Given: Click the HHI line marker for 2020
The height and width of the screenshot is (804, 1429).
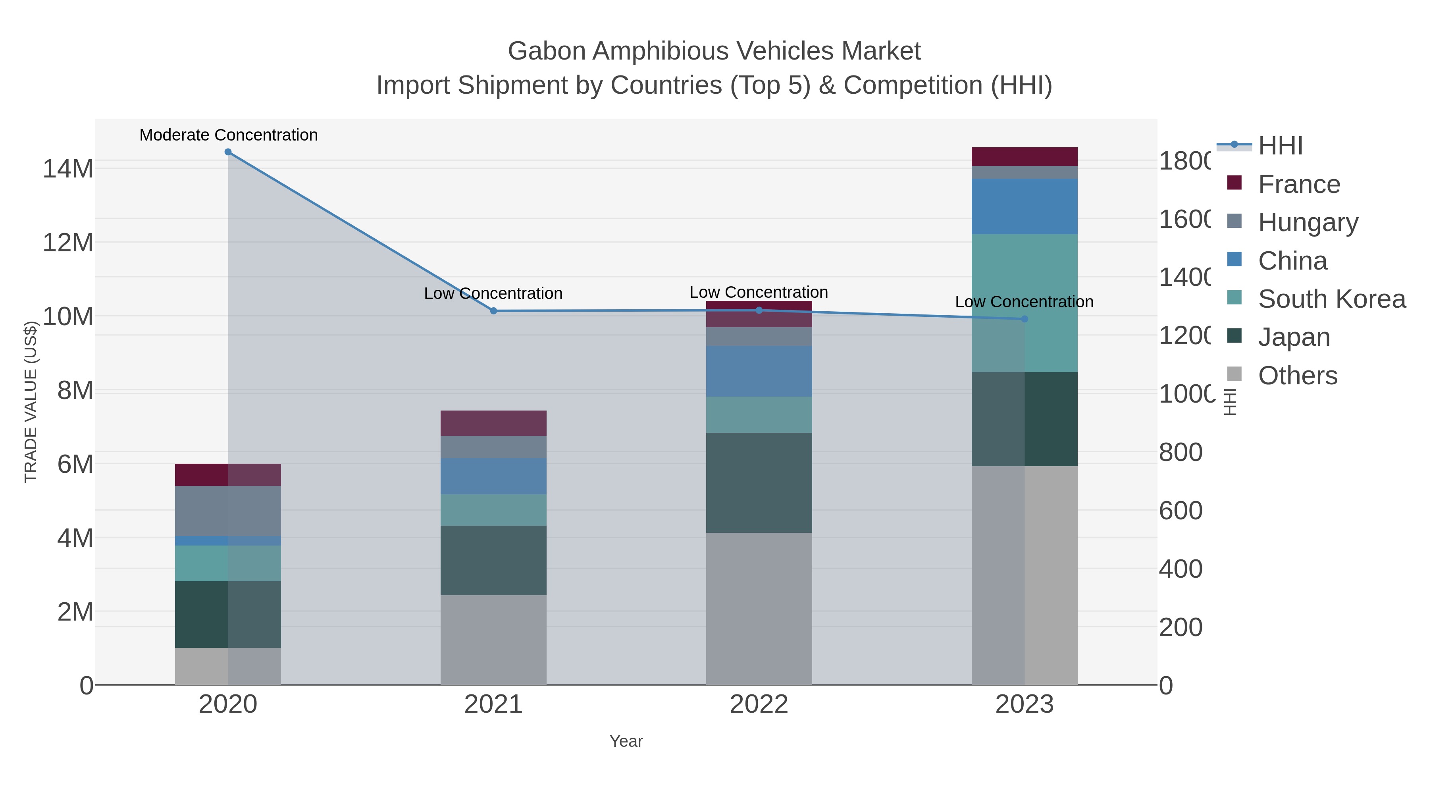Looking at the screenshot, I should [228, 152].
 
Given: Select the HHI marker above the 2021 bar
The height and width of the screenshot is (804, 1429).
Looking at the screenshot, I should [494, 311].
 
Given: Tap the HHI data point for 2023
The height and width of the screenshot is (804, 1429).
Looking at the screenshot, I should [1025, 319].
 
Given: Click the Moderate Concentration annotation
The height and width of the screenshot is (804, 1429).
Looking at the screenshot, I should [229, 135].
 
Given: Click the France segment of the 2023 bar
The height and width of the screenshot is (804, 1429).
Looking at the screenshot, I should [1025, 156].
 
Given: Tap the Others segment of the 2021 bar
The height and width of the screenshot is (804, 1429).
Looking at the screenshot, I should [494, 639].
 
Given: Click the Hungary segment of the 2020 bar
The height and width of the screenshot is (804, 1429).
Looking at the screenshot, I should [228, 511].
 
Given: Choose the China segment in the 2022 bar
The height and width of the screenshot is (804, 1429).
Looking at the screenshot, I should [759, 371].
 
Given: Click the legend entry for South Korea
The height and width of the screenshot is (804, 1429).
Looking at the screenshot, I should [1331, 299].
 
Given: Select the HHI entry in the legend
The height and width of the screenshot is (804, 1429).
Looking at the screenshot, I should [1280, 146].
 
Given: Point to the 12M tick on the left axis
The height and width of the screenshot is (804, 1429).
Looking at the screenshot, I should [67, 243].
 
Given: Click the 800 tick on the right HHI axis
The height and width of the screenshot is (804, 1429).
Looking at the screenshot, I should [1181, 452].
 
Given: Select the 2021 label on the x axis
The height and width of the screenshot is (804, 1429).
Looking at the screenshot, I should [494, 704].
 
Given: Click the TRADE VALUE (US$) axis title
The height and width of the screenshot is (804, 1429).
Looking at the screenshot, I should [31, 402].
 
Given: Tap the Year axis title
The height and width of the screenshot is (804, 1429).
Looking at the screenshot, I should [626, 741].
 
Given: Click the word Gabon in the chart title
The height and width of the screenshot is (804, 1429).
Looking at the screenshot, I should [547, 51].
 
